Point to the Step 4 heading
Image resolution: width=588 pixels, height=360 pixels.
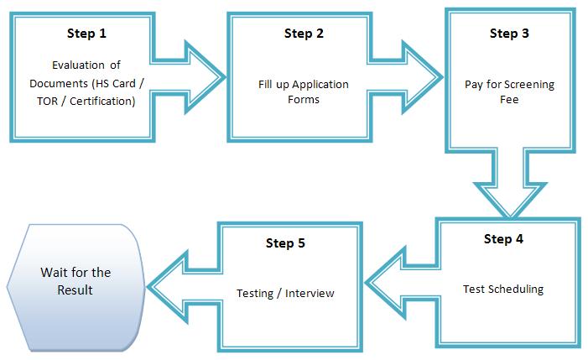tap(503, 238)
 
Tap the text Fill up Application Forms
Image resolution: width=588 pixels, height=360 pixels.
tap(300, 91)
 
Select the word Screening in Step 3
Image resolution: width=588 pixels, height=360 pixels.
tap(528, 85)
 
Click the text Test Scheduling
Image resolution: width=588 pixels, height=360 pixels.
tap(503, 290)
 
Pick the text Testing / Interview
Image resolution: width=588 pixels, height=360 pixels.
tap(285, 293)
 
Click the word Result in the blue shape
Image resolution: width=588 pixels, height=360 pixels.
tap(75, 290)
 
